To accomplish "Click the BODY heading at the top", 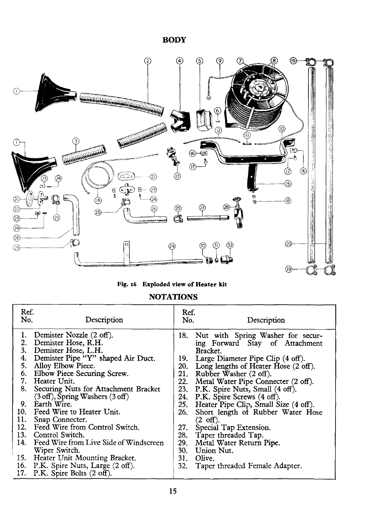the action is (x=175, y=40).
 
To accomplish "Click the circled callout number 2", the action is (x=147, y=61).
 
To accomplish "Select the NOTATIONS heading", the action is (x=173, y=297).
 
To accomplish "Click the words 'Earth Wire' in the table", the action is (x=52, y=404).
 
